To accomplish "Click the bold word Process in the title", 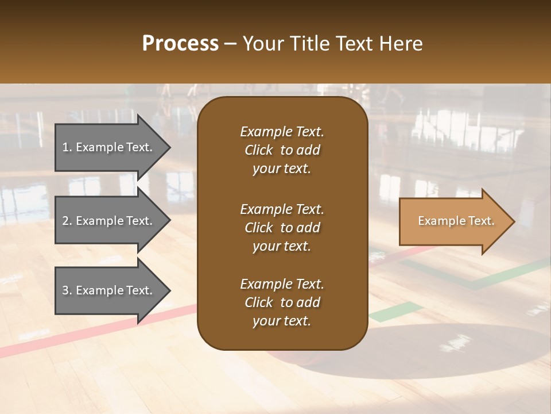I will click(180, 44).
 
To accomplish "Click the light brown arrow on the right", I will click(453, 221).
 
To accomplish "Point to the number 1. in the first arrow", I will click(67, 147).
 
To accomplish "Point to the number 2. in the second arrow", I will click(67, 221).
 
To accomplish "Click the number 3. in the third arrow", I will click(67, 290).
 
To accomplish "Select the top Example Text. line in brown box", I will click(282, 132).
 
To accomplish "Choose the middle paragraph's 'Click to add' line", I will click(282, 228).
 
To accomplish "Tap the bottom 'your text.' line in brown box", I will click(282, 321).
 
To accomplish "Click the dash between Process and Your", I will click(230, 44).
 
